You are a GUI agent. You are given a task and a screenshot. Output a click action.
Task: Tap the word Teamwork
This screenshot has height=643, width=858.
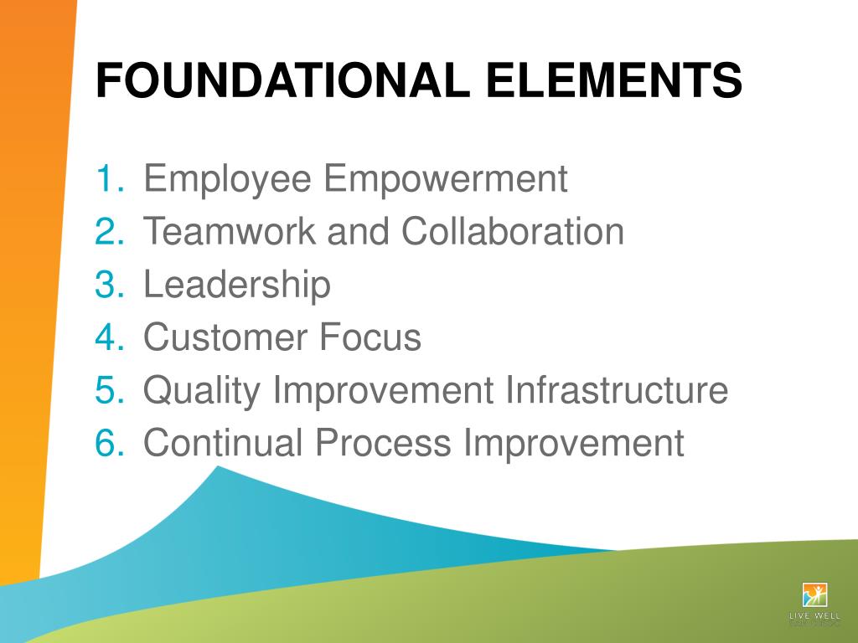230,232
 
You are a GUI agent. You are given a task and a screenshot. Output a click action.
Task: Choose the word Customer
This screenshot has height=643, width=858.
225,337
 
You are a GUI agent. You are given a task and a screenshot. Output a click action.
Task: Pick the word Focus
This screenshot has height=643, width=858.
371,337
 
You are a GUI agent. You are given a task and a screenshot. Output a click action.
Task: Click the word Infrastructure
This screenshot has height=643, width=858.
617,391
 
